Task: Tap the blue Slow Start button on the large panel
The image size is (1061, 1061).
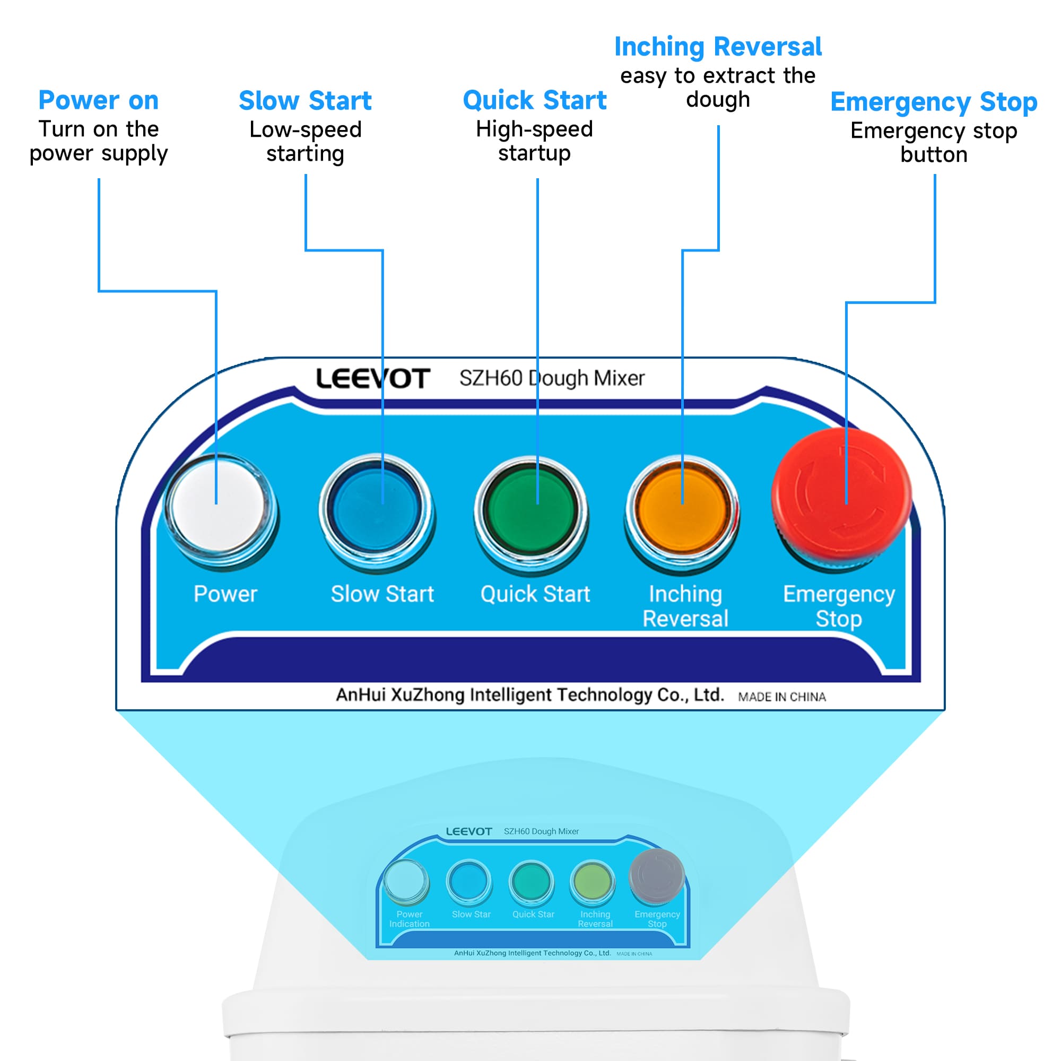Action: [x=377, y=508]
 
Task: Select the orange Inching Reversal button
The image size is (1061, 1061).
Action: [x=683, y=510]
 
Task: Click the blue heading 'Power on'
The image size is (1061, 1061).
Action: [x=99, y=100]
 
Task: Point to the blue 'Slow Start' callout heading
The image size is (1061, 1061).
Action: [x=306, y=101]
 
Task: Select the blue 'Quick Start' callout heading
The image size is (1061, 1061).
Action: [x=534, y=100]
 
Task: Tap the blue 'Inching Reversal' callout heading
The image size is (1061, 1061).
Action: [x=718, y=47]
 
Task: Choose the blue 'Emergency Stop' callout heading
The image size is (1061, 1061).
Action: [x=934, y=102]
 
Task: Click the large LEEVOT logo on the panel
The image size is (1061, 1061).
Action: [x=373, y=379]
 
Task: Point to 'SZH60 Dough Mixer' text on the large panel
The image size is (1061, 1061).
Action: [x=552, y=378]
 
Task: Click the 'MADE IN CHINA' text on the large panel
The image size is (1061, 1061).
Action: [x=781, y=697]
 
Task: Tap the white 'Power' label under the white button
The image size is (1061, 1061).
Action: [x=225, y=594]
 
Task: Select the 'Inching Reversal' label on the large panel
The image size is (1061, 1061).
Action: [x=685, y=606]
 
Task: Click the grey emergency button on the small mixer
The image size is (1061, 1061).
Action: [x=656, y=876]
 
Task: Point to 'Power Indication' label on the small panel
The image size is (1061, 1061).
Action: [x=409, y=919]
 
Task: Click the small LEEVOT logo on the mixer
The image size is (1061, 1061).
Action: [x=468, y=831]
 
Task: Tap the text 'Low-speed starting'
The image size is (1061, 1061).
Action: [x=306, y=142]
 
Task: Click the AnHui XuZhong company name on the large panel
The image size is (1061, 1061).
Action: [x=530, y=695]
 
